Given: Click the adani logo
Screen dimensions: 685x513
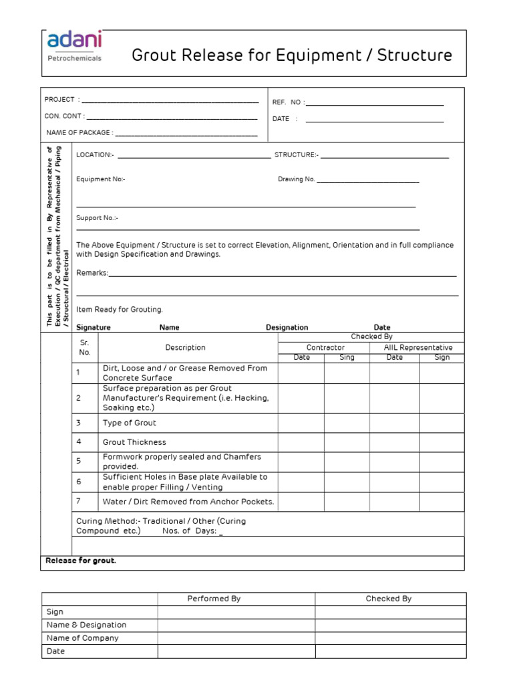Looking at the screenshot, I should coord(74,46).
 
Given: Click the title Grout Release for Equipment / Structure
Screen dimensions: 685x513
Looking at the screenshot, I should coord(292,56).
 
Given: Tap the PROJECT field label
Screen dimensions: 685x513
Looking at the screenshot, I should coord(60,100).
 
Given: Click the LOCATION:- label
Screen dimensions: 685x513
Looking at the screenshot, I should coord(95,155).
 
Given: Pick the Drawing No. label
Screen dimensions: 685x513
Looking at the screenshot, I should coord(296,179).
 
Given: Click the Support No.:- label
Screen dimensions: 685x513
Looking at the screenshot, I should coord(97,218).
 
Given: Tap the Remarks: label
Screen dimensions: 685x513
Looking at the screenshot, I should coord(92,273).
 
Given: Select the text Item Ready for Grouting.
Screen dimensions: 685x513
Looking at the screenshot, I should coord(120,310).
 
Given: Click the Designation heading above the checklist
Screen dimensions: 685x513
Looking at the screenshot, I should coord(287,328).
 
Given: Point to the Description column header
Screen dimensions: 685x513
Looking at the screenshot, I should coord(186,348).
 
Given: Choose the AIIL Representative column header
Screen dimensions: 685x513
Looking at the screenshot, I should coord(418,348).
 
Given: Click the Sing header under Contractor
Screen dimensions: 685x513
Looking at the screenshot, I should coord(347,358).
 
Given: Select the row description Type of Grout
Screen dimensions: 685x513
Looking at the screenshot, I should coord(130,423).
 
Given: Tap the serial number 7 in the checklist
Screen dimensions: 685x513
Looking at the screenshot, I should coord(78,501).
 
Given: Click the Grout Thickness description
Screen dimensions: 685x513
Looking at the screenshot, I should coord(134,442).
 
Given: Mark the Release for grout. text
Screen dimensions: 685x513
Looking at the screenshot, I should coord(80,561).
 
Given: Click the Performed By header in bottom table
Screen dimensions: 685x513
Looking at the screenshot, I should coord(214,599).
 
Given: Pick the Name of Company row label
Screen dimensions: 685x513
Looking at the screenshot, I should coord(83,638).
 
